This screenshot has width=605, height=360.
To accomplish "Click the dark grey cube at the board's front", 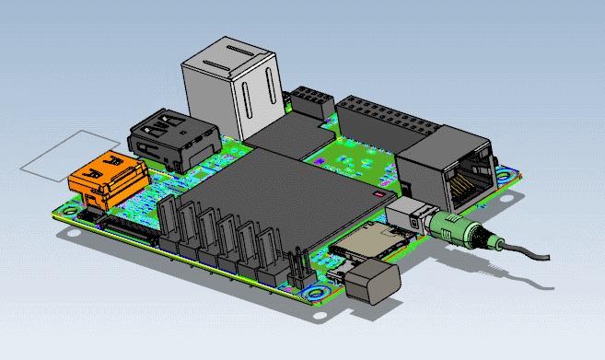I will [373, 280].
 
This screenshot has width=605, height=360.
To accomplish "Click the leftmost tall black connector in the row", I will [169, 225].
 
